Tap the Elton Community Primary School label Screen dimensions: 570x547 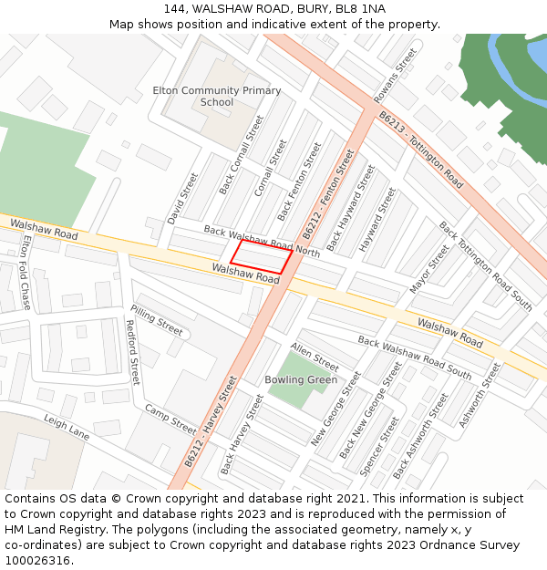tap(216, 97)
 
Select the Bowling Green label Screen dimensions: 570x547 tap(301, 379)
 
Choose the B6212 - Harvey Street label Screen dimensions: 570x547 tap(212, 421)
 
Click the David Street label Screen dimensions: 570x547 tap(182, 199)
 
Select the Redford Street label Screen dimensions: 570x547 tap(132, 351)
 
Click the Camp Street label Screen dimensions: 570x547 tap(170, 420)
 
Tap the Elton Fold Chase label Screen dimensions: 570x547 tap(26, 273)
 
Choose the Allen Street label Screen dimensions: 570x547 tap(315, 357)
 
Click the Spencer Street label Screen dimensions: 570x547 tap(380, 447)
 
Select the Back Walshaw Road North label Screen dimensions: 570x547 tap(262, 241)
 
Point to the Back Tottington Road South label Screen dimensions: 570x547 tap(485, 265)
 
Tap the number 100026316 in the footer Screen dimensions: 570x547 tap(38, 560)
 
